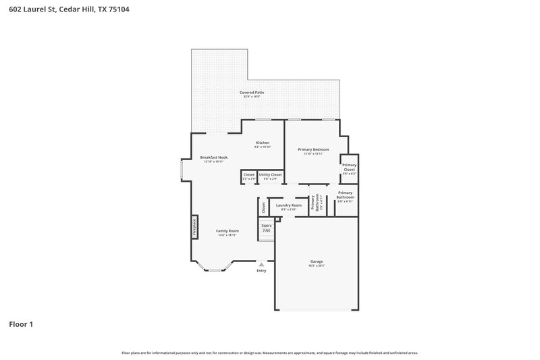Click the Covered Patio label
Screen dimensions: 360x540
coord(251,92)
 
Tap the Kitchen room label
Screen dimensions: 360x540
coord(263,143)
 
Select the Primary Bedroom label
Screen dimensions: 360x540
coord(313,149)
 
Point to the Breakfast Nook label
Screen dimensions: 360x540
coord(213,157)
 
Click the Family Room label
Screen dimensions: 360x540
coord(227,231)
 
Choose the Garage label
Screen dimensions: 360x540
coord(317,261)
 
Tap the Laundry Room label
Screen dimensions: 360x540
coord(288,205)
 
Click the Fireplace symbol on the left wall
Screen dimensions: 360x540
coord(194,226)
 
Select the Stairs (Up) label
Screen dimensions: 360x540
coord(266,228)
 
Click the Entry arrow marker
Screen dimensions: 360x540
coord(261,264)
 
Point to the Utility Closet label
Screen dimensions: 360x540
coord(270,175)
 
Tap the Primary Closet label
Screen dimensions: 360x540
coord(349,167)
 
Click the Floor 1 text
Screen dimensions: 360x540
coord(20,324)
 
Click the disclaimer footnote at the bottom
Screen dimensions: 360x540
coord(269,353)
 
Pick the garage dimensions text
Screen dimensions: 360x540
coord(317,266)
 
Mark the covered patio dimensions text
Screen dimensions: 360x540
coord(251,97)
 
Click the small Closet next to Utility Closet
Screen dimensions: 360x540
coord(248,176)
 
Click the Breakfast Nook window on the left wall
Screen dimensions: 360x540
coord(180,170)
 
